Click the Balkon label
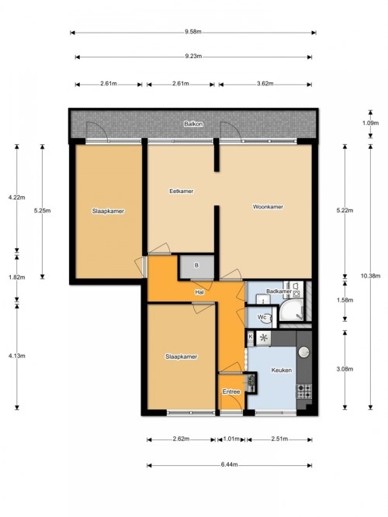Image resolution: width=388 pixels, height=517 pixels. [193, 124]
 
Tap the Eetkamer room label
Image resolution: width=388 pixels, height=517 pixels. [181, 191]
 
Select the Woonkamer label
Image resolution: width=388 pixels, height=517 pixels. [268, 207]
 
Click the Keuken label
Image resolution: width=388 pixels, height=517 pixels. [282, 370]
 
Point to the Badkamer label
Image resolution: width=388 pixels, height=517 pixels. [279, 291]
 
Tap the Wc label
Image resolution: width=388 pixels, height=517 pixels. [262, 317]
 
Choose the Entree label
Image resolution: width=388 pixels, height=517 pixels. [230, 391]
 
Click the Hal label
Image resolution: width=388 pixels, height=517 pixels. [199, 292]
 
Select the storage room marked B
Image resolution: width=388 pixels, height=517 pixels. [196, 266]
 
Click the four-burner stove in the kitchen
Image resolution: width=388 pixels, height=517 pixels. [304, 391]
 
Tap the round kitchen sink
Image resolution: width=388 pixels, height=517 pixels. [303, 352]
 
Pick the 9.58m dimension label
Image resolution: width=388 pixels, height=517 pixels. [193, 32]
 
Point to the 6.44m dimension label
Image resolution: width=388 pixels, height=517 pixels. [229, 464]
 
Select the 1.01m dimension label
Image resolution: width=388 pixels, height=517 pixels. [231, 439]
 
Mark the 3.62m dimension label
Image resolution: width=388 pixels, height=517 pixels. [265, 84]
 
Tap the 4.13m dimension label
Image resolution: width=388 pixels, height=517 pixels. [17, 356]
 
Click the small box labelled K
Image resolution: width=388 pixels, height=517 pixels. [251, 337]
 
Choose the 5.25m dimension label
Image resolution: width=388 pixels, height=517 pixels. [42, 211]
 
